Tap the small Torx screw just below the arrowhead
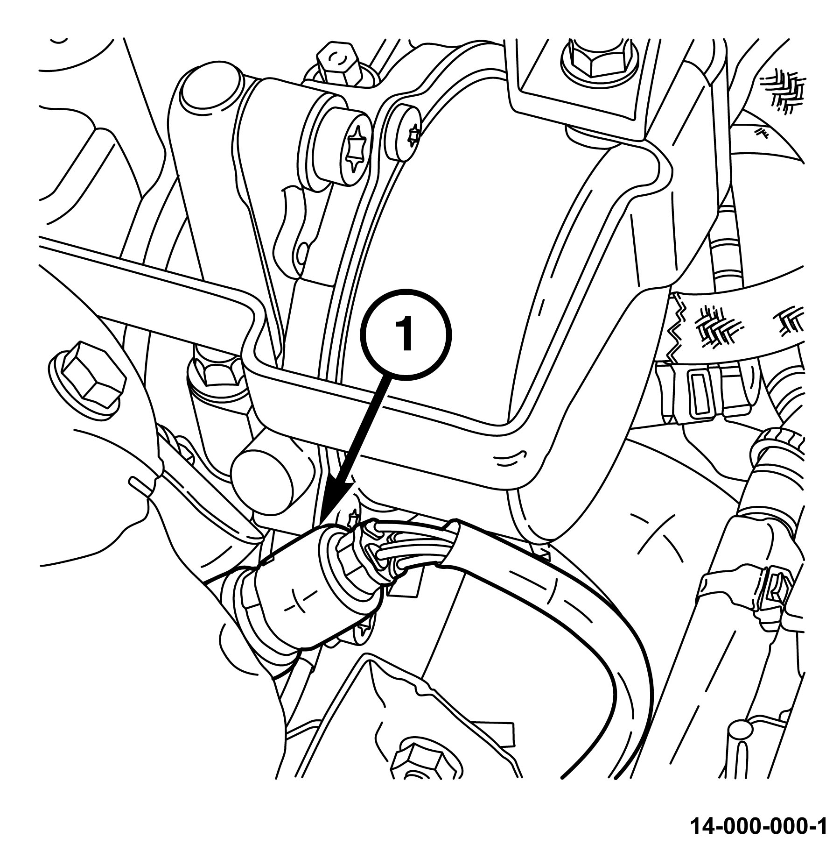pyautogui.click(x=353, y=517)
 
